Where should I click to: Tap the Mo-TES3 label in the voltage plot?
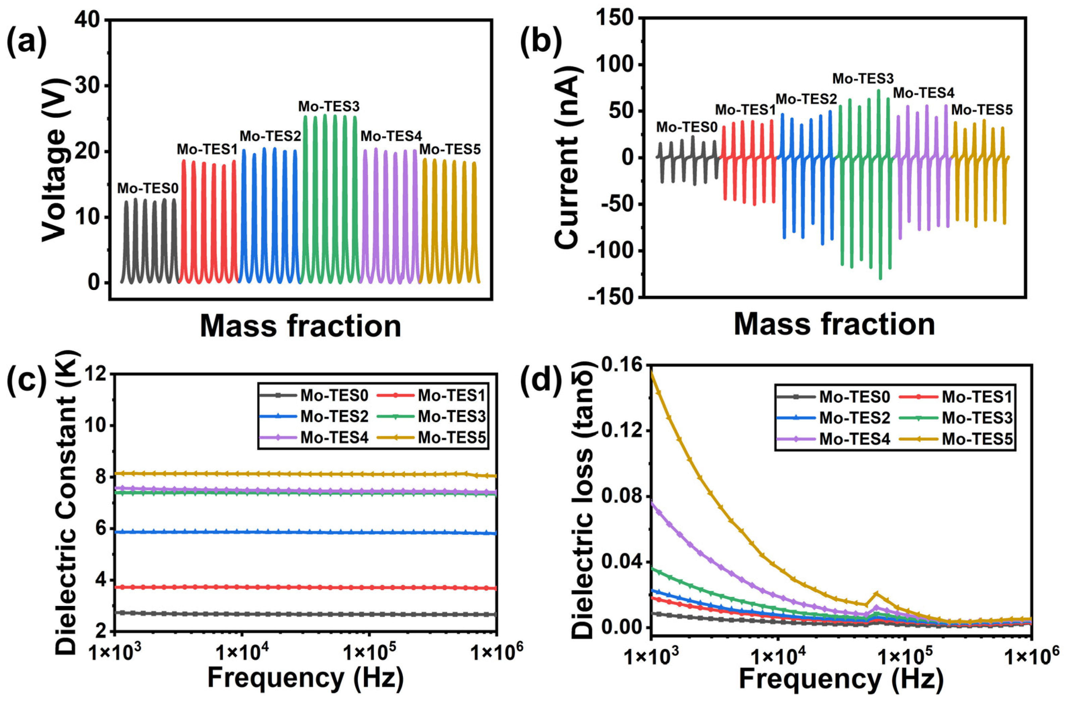click(329, 106)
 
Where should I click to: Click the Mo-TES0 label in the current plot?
click(687, 127)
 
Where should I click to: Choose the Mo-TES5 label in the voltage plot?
click(449, 149)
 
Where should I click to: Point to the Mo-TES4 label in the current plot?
click(923, 93)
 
